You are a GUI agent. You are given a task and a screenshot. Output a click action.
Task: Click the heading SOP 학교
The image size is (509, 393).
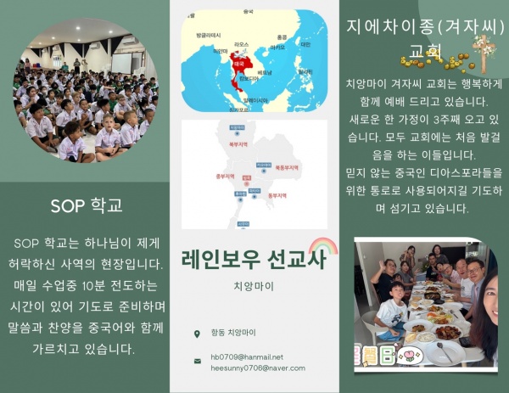(86, 205)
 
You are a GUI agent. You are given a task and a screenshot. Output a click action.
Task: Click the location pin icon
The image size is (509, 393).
(197, 333)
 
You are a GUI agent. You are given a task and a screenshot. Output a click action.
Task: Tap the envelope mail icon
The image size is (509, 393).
(197, 362)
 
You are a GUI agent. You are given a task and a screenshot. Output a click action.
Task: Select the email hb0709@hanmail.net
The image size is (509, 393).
(247, 357)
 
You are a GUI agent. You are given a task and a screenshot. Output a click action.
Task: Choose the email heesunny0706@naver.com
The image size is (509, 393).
(257, 368)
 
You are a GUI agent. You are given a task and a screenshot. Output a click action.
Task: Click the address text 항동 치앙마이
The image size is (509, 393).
(233, 333)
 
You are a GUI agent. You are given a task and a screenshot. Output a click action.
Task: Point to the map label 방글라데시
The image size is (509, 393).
(208, 35)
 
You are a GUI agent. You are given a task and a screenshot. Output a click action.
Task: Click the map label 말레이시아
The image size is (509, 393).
(255, 99)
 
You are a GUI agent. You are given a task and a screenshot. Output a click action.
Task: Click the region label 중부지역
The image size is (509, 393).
(215, 178)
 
